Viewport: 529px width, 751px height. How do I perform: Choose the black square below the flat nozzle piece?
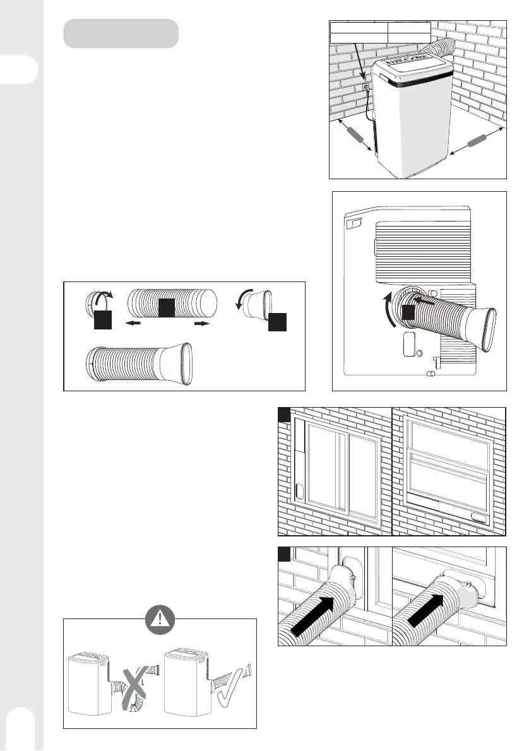coord(276,322)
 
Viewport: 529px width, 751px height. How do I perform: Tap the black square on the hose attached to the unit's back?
coord(409,312)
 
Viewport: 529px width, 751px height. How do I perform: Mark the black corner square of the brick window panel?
coord(284,413)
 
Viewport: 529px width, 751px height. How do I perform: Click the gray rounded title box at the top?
coord(121,33)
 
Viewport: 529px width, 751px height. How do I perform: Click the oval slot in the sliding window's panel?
coord(300,492)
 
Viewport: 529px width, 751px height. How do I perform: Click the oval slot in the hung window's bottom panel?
coord(479,517)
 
